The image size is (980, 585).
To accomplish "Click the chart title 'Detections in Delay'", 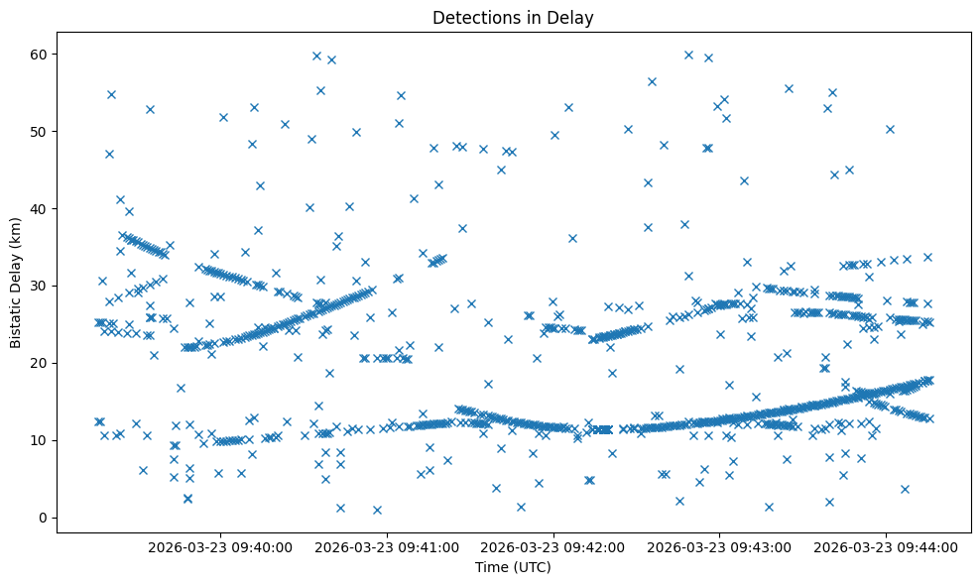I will pyautogui.click(x=513, y=17).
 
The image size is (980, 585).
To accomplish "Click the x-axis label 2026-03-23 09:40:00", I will pyautogui.click(x=220, y=546).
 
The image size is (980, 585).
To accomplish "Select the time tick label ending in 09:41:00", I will pyautogui.click(x=387, y=546).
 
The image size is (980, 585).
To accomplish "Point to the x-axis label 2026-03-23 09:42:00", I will pyautogui.click(x=553, y=546).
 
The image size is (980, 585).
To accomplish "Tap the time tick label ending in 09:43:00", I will pyautogui.click(x=720, y=546).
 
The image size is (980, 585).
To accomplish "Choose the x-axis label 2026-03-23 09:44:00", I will pyautogui.click(x=886, y=546).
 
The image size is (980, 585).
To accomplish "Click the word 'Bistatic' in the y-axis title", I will pyautogui.click(x=16, y=317).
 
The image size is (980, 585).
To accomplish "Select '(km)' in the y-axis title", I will pyautogui.click(x=16, y=252).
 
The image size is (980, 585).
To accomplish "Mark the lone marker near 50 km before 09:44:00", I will pyautogui.click(x=890, y=129).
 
